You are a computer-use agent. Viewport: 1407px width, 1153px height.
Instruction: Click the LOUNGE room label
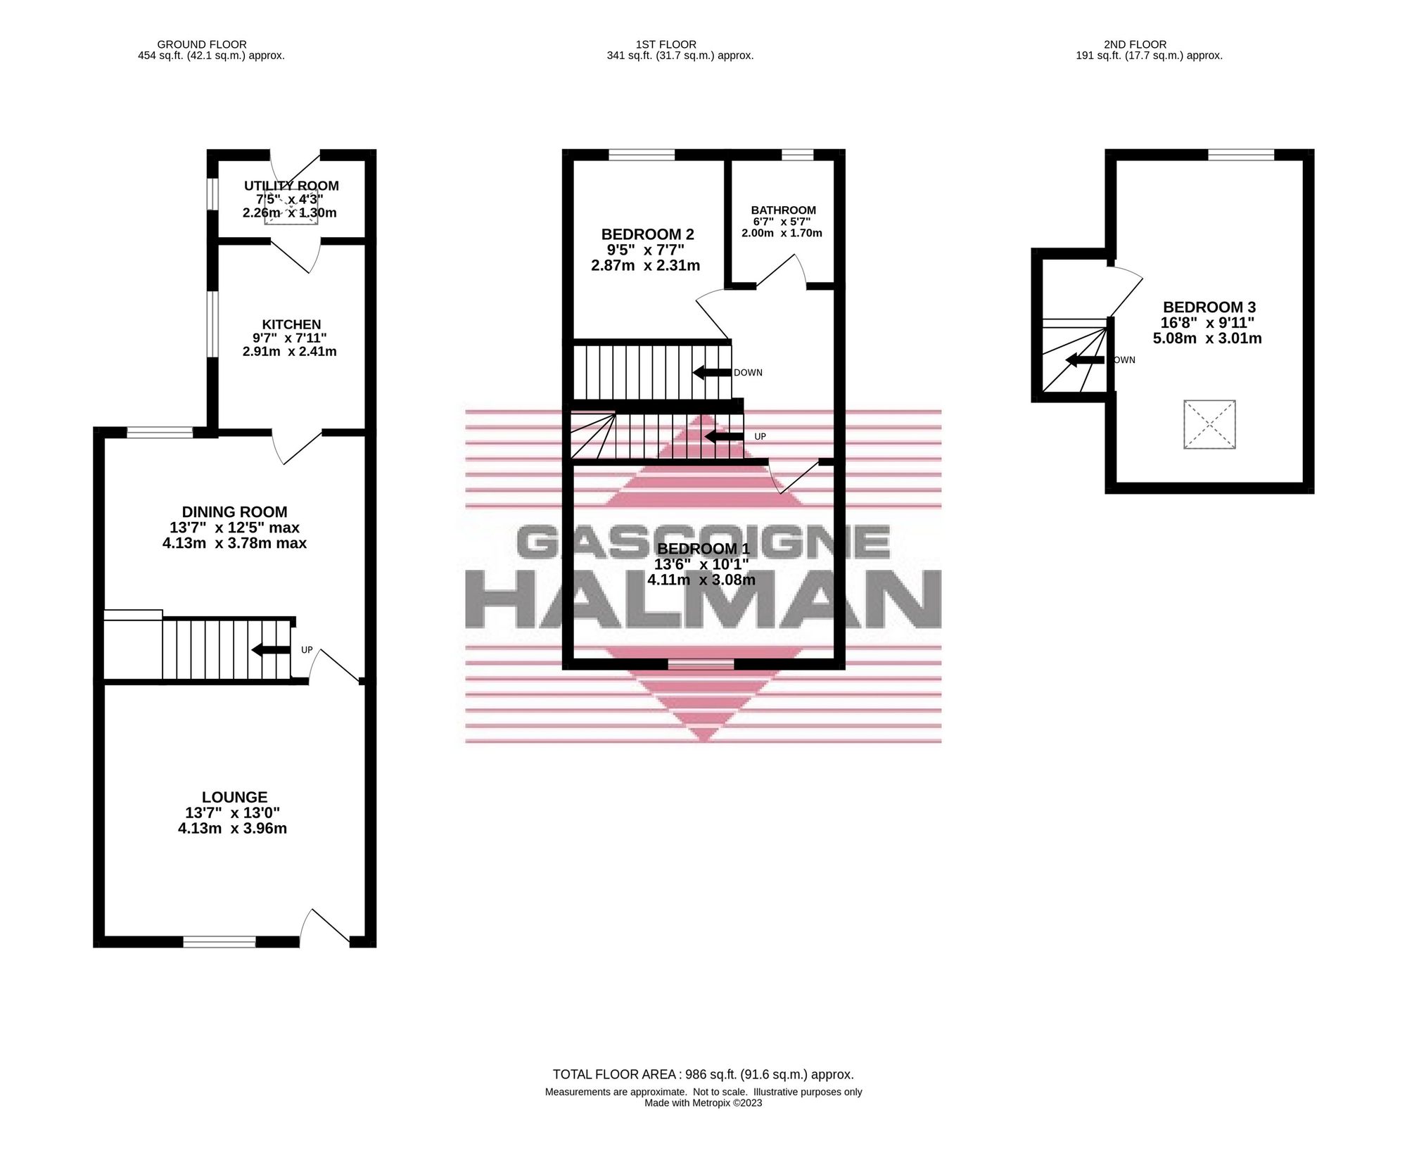(234, 797)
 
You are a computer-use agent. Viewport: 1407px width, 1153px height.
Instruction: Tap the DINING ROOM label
(234, 512)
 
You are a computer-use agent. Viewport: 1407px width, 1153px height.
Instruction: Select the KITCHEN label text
(291, 324)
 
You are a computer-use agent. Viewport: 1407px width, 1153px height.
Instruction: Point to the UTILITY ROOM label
(291, 186)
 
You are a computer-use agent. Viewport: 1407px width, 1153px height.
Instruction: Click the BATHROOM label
(784, 210)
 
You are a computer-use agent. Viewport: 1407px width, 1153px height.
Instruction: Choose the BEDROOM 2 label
(647, 234)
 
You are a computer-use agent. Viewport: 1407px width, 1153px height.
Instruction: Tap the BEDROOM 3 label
(1209, 307)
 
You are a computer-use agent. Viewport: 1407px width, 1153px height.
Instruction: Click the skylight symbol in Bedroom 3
(1209, 424)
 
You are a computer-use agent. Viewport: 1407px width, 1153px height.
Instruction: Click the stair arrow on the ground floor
(271, 649)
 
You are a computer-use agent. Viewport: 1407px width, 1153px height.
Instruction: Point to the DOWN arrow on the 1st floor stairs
(711, 373)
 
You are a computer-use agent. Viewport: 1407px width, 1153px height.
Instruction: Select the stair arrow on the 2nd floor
(1085, 360)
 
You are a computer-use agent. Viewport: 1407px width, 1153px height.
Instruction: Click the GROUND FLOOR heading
(202, 44)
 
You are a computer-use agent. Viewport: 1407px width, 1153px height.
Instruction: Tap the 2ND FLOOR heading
(1135, 44)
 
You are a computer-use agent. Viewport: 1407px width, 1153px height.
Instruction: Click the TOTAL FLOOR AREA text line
(703, 1074)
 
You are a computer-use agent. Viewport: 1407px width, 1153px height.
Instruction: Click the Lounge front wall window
(219, 942)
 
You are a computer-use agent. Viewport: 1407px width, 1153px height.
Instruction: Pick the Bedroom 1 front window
(701, 663)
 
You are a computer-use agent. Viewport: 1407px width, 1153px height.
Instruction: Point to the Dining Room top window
(160, 432)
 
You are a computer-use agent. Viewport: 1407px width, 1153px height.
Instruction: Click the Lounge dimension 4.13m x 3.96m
(232, 828)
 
